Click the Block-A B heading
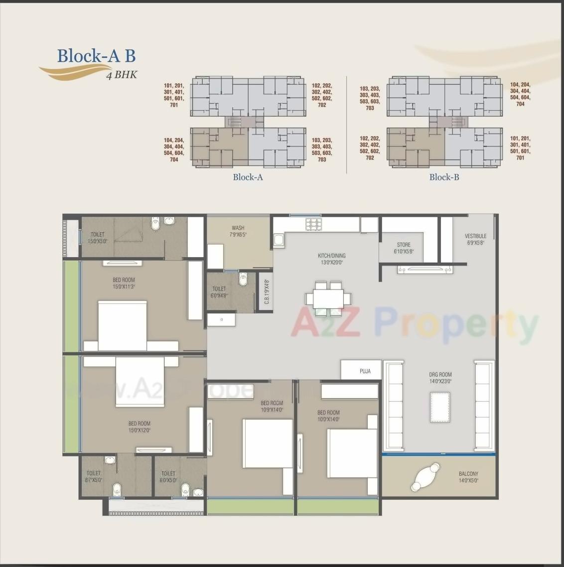click(x=96, y=55)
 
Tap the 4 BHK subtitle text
click(x=122, y=75)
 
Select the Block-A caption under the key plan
click(x=248, y=177)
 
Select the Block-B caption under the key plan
click(x=444, y=177)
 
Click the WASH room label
click(x=238, y=228)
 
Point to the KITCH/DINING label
click(x=331, y=256)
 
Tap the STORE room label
click(x=404, y=245)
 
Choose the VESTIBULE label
click(x=475, y=236)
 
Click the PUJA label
click(x=365, y=371)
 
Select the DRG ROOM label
click(x=440, y=375)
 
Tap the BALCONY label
click(x=468, y=474)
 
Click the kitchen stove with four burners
click(x=313, y=224)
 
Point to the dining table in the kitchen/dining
click(x=328, y=298)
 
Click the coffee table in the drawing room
click(x=439, y=407)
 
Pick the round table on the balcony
click(x=425, y=477)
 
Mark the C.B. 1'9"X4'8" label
click(x=267, y=292)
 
